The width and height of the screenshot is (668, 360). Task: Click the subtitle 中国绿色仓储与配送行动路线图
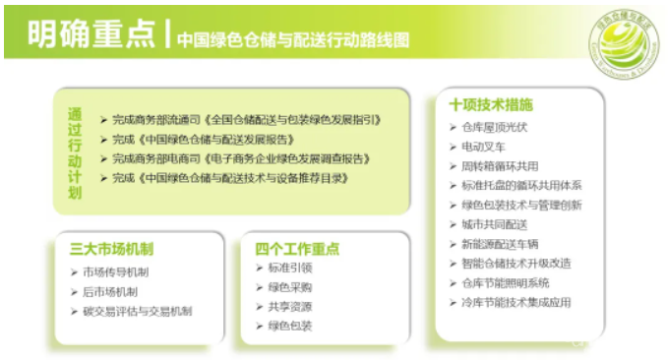coord(293,39)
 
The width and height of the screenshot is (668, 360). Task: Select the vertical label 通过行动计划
coord(76,151)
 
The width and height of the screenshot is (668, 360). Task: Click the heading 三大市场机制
coord(111,249)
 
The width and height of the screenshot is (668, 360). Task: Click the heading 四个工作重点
coord(298,249)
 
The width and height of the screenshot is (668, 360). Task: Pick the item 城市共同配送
coord(494,224)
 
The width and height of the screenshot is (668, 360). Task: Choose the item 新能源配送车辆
coord(501,243)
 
